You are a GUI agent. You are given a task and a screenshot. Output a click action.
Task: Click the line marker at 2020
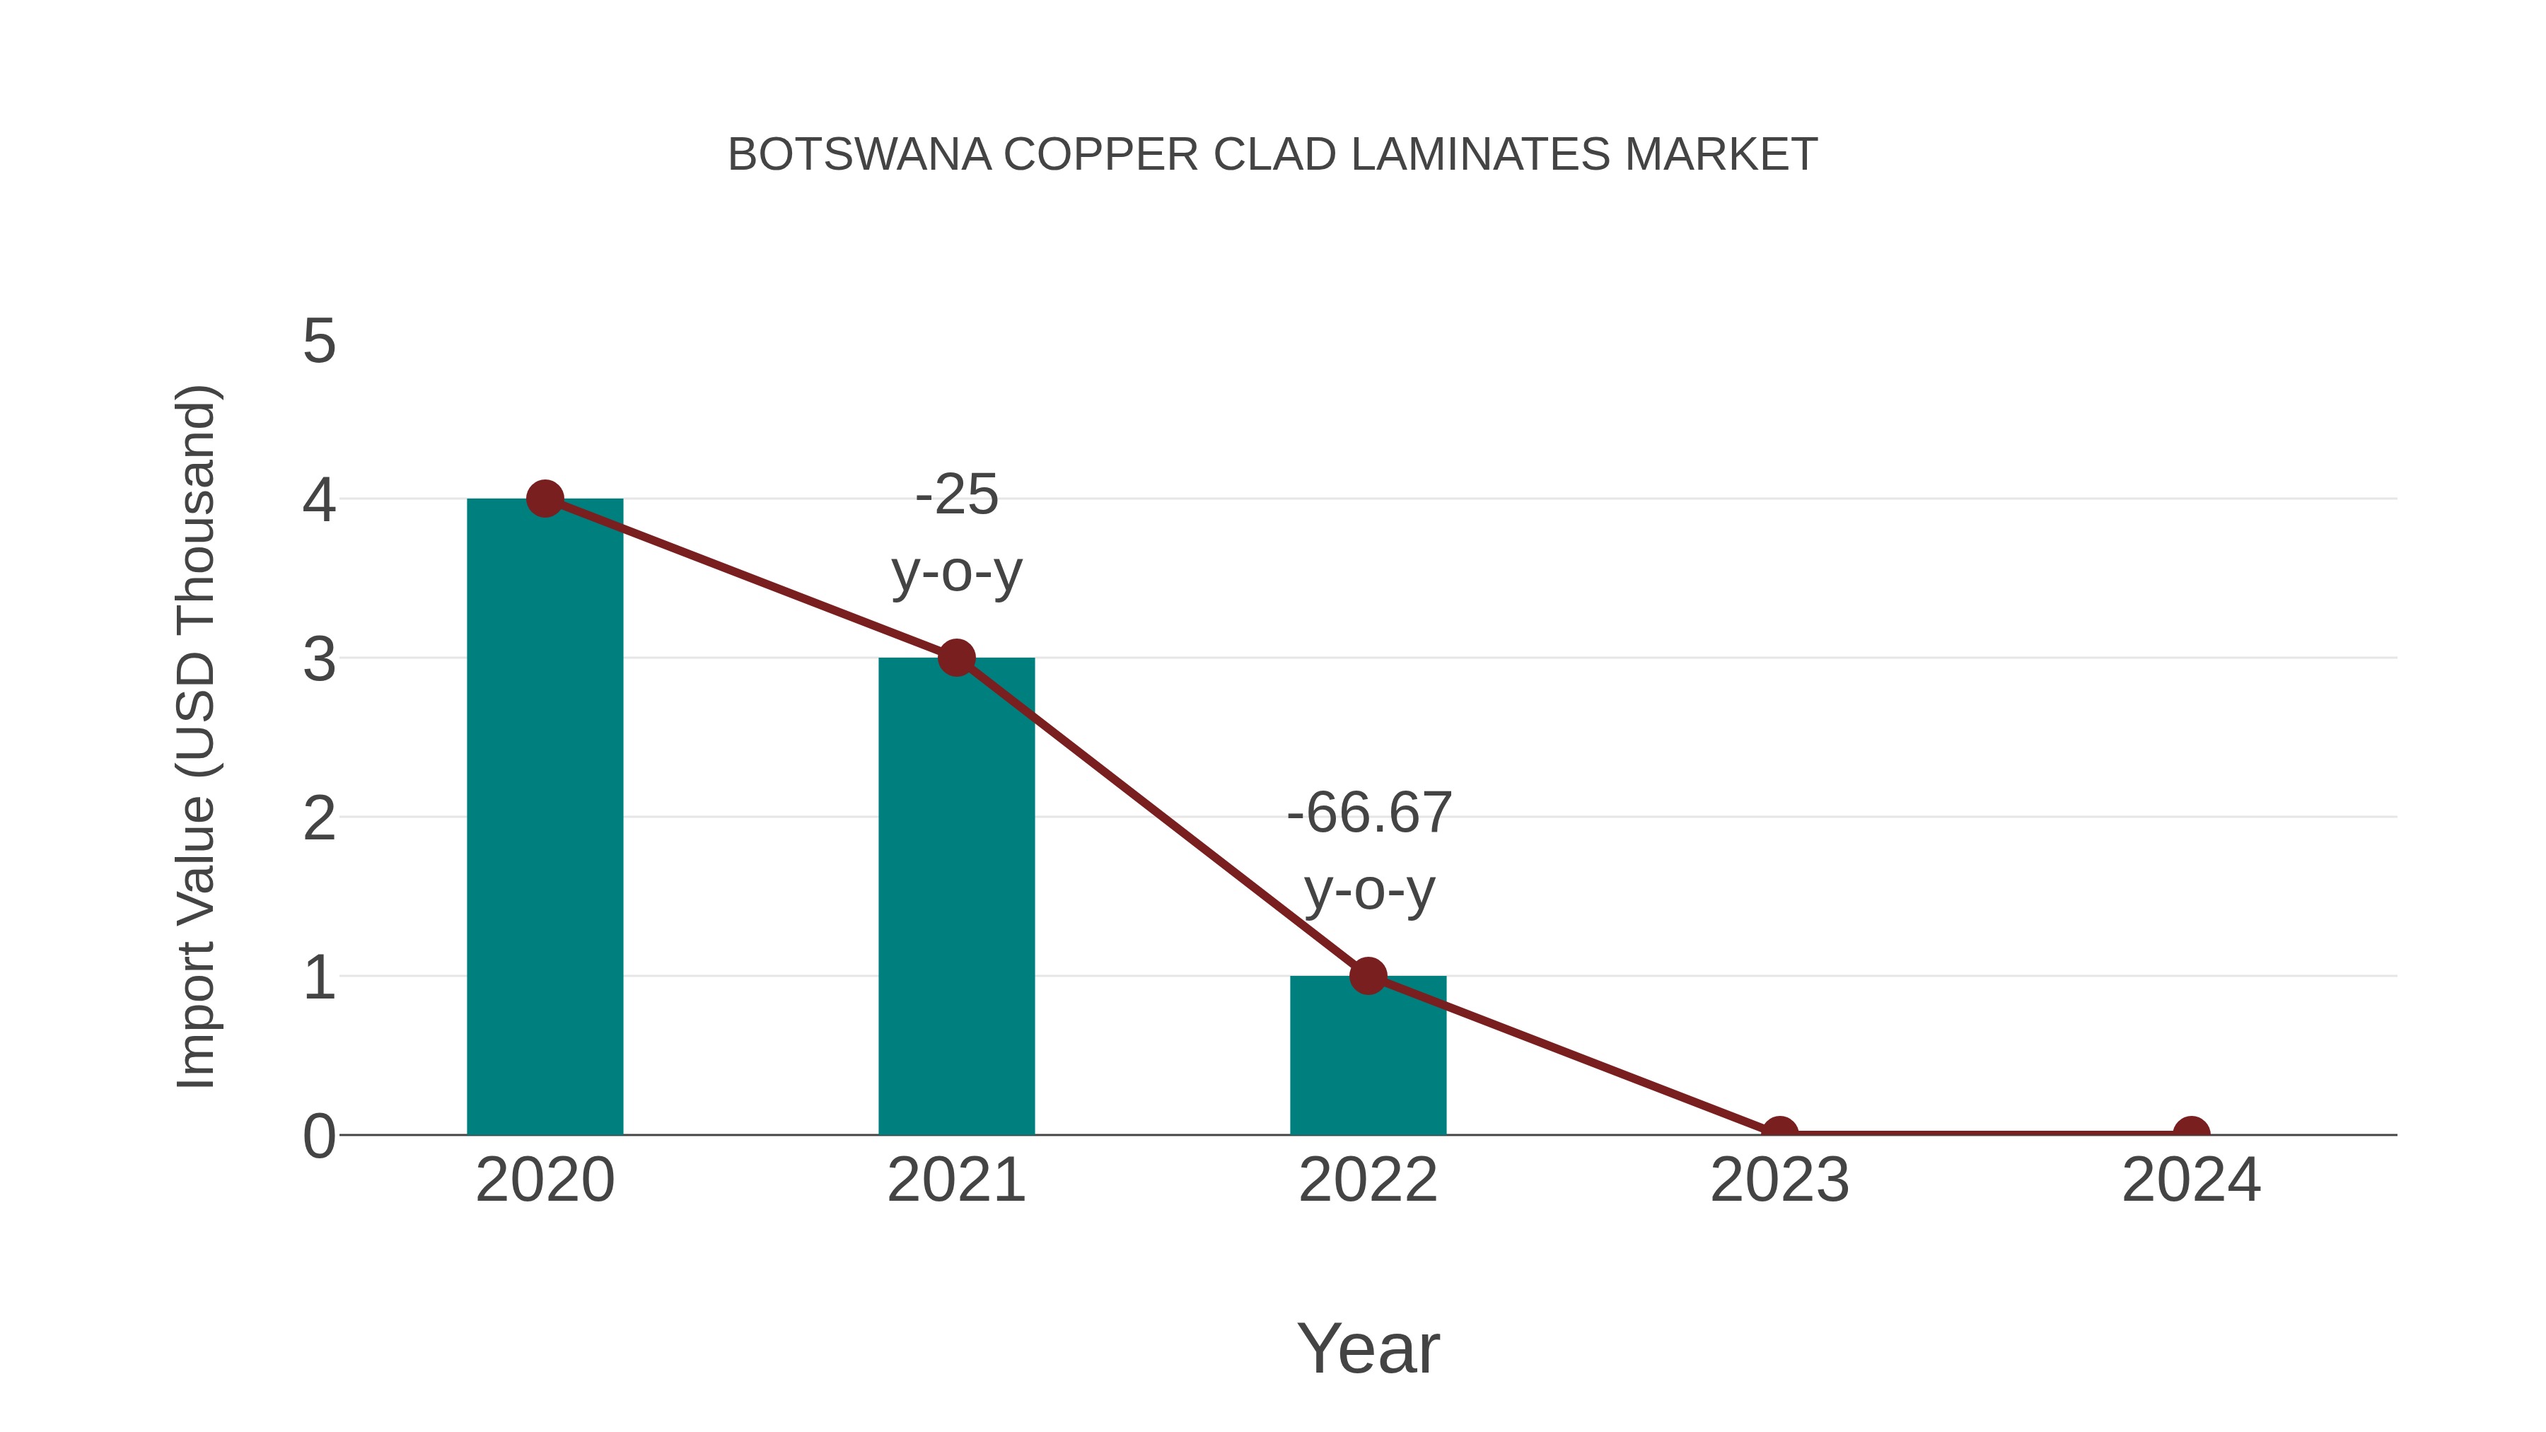coord(545,499)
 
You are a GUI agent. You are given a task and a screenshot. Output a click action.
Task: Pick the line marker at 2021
coord(955,657)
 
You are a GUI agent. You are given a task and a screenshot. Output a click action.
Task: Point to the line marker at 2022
coord(1368,975)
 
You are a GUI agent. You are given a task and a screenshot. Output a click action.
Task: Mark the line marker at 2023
coord(1779,1133)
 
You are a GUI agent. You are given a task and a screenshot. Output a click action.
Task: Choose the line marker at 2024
coord(2191,1133)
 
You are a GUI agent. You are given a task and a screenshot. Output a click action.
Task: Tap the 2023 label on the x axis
coord(1779,1180)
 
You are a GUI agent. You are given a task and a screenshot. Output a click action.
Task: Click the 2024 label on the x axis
coord(2191,1180)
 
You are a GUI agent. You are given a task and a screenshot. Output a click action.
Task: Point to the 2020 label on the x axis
coord(545,1180)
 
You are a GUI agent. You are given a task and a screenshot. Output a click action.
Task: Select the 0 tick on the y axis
coord(319,1136)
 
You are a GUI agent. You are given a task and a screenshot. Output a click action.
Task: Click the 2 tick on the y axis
coord(319,818)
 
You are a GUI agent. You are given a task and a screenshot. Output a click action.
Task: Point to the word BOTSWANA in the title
coord(859,154)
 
